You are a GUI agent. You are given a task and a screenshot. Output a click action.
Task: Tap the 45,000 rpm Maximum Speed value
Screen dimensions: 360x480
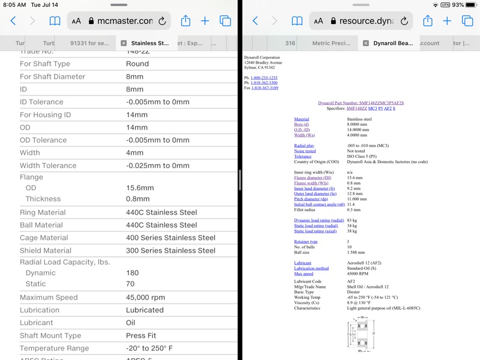tap(145, 298)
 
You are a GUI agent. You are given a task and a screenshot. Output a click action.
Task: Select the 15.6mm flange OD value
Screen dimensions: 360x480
tap(140, 188)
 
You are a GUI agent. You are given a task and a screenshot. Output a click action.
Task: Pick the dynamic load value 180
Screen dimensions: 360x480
tap(132, 273)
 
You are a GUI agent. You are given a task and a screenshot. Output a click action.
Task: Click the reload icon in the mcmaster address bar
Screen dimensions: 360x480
tap(162, 21)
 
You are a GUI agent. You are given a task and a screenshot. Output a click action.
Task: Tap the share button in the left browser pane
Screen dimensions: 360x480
tap(185, 21)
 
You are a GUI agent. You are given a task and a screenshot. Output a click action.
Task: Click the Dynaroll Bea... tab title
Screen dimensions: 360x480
tap(393, 43)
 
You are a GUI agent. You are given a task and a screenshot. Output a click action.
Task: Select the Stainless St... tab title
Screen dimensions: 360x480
tap(150, 43)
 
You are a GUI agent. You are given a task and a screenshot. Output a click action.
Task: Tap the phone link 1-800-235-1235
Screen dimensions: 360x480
tap(264, 78)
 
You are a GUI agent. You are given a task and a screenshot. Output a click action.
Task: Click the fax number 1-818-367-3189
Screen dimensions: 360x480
tap(264, 88)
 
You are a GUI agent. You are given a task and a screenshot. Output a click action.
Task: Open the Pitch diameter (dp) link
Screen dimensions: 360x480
tap(311, 199)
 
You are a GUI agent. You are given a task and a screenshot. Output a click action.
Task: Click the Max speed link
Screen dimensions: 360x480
tap(304, 274)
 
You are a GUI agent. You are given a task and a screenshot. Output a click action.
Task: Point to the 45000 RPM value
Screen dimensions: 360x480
tap(360, 274)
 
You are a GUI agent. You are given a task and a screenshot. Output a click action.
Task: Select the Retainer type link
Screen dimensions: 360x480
tap(306, 242)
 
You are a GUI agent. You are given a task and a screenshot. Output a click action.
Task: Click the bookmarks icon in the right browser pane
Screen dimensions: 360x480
tap(297, 21)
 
